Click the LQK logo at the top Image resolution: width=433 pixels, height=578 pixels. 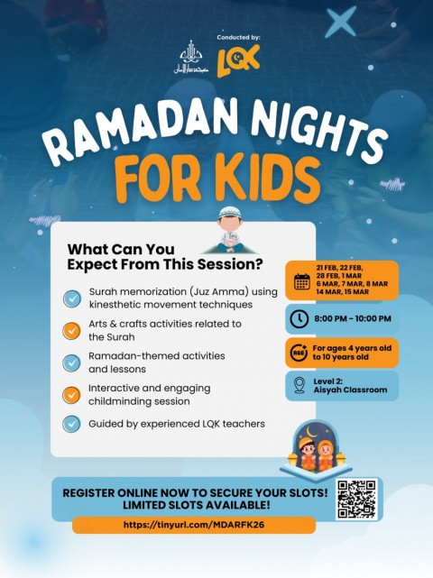pyautogui.click(x=239, y=60)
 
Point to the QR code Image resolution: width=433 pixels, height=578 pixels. pyautogui.click(x=355, y=499)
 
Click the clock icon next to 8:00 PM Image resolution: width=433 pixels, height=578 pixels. pyautogui.click(x=301, y=318)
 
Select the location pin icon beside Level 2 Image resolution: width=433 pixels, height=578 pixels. pyautogui.click(x=300, y=385)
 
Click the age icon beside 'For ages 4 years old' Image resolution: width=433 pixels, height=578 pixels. pyautogui.click(x=301, y=352)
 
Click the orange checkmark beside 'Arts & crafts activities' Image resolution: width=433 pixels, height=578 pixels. pyautogui.click(x=71, y=330)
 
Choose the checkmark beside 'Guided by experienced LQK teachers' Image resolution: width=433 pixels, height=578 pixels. pyautogui.click(x=71, y=422)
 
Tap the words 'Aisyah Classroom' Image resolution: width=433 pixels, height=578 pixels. pyautogui.click(x=350, y=390)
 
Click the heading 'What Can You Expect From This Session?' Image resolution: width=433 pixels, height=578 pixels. pyautogui.click(x=163, y=257)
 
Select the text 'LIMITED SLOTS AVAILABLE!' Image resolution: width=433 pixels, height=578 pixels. pyautogui.click(x=193, y=506)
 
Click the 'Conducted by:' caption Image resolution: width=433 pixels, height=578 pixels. pyautogui.click(x=238, y=37)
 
